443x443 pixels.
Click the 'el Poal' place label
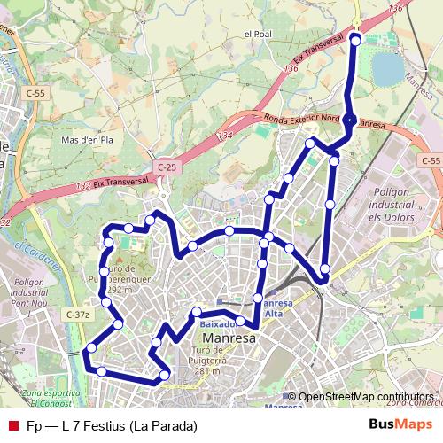click(255, 35)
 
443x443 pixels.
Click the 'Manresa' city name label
click(228, 338)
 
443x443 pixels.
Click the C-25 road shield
click(167, 167)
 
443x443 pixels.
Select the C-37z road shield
click(78, 315)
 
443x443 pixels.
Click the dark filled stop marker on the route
click(350, 120)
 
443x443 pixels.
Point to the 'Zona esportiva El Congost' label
click(44, 397)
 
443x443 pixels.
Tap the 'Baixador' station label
click(217, 324)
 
